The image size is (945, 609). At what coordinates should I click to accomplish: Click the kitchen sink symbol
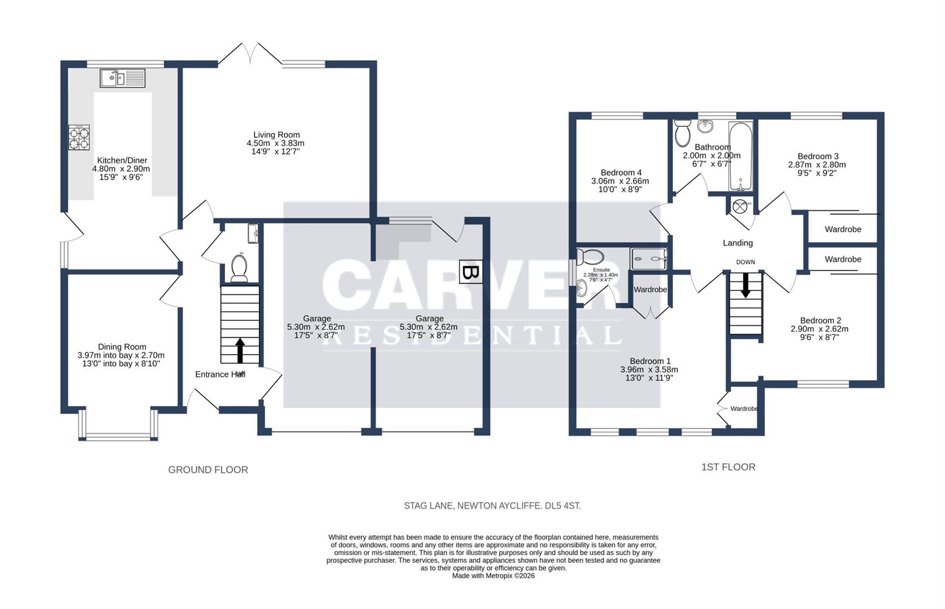coord(122,78)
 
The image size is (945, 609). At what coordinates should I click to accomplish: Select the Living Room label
coord(276,135)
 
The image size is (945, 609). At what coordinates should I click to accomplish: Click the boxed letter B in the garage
coord(471,272)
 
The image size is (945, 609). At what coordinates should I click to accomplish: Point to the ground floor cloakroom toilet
coord(239,267)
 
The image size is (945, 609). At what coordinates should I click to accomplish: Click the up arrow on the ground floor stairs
coord(240,350)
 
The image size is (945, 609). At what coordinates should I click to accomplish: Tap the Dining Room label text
coord(122,347)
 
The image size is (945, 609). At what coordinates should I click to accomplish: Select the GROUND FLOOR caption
coord(208,470)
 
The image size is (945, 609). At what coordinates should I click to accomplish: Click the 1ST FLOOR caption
coord(728,467)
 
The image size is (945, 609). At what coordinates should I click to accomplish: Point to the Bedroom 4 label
coord(621,173)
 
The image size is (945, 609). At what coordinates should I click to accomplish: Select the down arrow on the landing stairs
coord(745,285)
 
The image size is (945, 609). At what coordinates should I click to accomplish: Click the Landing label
coord(737,243)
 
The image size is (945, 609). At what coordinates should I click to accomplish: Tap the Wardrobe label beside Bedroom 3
coord(843,230)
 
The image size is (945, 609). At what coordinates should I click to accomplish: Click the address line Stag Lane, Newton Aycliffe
coord(492,506)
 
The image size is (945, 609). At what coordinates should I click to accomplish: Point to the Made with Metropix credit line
coord(493,576)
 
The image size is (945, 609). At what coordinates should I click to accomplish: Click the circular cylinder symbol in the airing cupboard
coord(740,207)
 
